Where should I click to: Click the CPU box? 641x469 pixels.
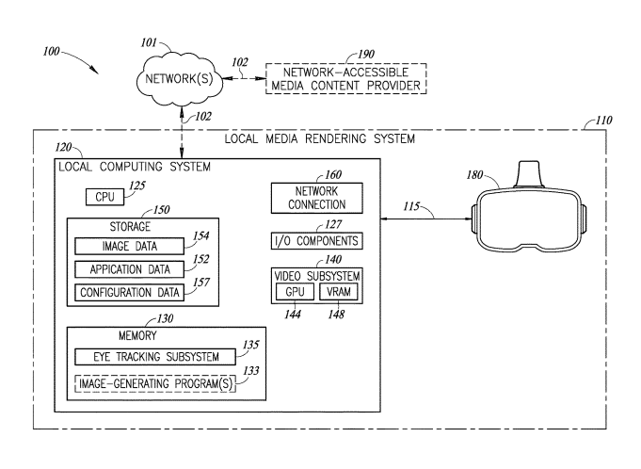(x=104, y=197)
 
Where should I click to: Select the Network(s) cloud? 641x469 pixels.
(x=180, y=79)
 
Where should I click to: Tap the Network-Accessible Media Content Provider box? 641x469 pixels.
(x=345, y=78)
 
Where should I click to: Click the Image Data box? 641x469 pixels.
(x=129, y=246)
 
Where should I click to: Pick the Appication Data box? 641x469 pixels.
(x=129, y=269)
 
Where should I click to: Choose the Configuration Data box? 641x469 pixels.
(x=129, y=293)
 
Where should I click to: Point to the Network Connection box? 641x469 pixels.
(x=317, y=198)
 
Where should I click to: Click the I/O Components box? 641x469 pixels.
(x=317, y=241)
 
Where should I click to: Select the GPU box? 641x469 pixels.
(x=295, y=292)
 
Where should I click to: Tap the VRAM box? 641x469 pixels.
(x=339, y=292)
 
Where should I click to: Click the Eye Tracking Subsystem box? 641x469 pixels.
(x=155, y=357)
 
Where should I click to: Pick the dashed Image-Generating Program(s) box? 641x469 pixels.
(x=155, y=383)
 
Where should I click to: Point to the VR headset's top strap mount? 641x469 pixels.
(x=529, y=174)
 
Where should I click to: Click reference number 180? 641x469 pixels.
(x=474, y=175)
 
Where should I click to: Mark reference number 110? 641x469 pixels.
(x=603, y=121)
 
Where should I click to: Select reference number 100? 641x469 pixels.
(x=52, y=52)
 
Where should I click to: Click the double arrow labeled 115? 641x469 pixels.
(x=426, y=219)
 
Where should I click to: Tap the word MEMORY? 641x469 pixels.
(x=137, y=335)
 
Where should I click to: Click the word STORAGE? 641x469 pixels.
(x=130, y=227)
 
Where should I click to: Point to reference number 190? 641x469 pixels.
(x=366, y=55)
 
